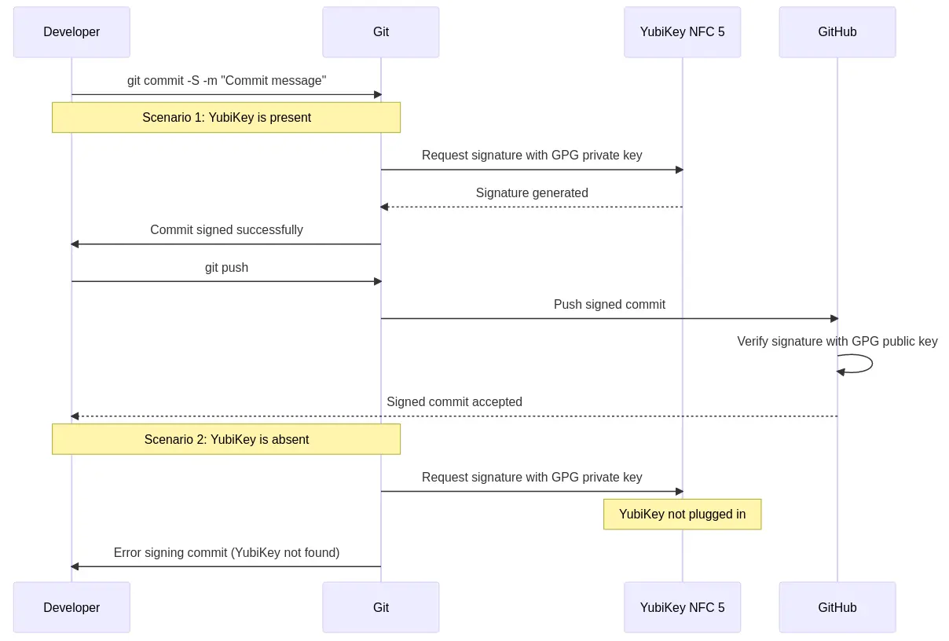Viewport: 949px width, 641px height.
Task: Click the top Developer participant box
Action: (x=71, y=32)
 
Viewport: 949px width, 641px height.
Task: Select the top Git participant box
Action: (x=380, y=32)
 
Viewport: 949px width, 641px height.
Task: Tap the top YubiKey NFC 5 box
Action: (x=682, y=32)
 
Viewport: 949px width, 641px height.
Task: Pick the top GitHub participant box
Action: (x=837, y=32)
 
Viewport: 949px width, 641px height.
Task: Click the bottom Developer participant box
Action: (x=71, y=607)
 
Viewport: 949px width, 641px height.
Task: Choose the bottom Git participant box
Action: (x=380, y=607)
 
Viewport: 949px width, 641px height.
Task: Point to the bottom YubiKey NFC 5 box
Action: (x=682, y=607)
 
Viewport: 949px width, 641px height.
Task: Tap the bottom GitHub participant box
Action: (x=837, y=607)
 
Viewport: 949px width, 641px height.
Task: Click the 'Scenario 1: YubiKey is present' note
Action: (x=226, y=118)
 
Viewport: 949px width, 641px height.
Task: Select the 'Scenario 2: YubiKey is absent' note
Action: (x=226, y=440)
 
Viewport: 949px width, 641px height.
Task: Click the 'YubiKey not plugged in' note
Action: (x=682, y=515)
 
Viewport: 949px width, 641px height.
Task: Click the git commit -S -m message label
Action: (x=226, y=81)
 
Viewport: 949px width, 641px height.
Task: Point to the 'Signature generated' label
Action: (x=532, y=193)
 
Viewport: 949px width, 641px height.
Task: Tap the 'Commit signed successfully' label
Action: (x=226, y=230)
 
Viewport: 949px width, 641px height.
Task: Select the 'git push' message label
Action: (x=226, y=268)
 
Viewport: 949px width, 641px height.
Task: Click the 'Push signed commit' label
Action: (x=609, y=305)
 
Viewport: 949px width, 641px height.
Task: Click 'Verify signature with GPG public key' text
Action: (x=837, y=342)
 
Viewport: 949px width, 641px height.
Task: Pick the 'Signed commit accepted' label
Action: (x=454, y=402)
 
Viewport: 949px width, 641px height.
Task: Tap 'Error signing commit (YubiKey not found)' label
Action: (x=226, y=553)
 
